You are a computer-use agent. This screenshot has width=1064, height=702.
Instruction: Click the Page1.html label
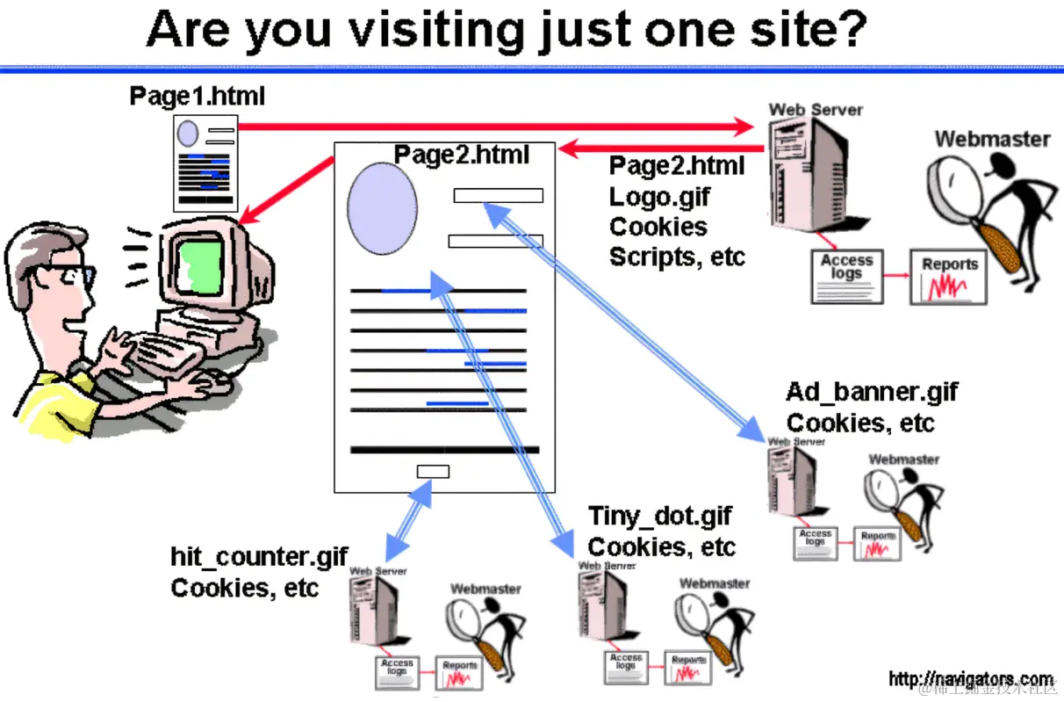[x=197, y=95]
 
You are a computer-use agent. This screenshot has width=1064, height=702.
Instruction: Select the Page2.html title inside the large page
[x=461, y=155]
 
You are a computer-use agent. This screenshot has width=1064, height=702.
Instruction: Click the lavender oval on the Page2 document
[x=382, y=208]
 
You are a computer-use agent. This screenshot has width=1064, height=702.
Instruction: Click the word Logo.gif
[x=659, y=196]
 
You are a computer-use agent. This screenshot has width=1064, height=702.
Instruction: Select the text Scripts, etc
[x=677, y=257]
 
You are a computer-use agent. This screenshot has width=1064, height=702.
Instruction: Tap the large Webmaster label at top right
[x=991, y=139]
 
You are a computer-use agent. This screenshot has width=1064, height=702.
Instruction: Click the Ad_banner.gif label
[x=871, y=392]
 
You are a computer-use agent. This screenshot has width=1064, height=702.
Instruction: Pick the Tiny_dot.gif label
[x=659, y=516]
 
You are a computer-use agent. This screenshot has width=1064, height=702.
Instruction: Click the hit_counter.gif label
[x=259, y=557]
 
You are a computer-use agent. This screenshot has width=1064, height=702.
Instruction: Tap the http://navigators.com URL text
[x=970, y=679]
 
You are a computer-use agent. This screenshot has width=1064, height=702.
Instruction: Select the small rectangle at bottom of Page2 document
[x=433, y=471]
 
